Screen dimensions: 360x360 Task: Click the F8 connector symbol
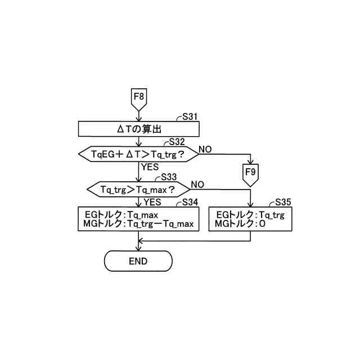tap(138, 98)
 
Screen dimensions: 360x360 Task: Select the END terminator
tap(138, 261)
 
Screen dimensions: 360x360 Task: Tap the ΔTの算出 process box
tap(138, 129)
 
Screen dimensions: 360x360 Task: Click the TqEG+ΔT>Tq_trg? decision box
tap(138, 153)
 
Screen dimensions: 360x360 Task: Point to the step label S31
tap(190, 117)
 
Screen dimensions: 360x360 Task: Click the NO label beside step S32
tap(205, 149)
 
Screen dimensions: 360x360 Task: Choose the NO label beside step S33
tap(197, 184)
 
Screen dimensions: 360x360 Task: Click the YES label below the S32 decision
tap(150, 166)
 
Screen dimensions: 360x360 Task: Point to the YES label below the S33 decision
tap(152, 202)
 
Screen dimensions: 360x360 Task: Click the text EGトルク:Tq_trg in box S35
tap(250, 215)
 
